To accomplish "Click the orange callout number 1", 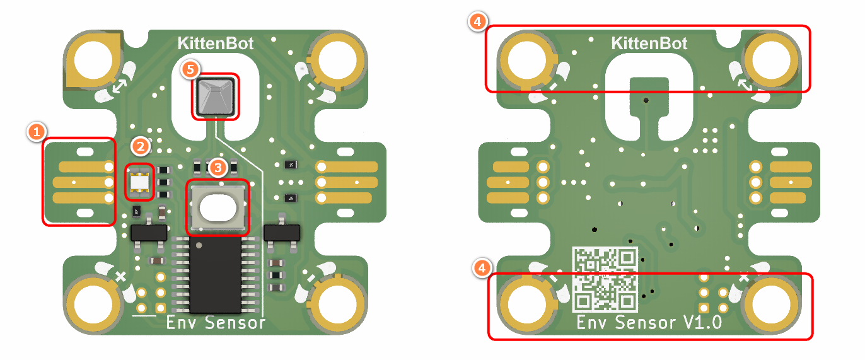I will pyautogui.click(x=37, y=132).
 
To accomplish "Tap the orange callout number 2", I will pyautogui.click(x=141, y=147).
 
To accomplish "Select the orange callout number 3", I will pyautogui.click(x=218, y=168).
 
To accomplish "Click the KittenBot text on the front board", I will pyautogui.click(x=215, y=44).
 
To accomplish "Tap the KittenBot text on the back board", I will pyautogui.click(x=649, y=44).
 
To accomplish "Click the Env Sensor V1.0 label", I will pyautogui.click(x=649, y=323).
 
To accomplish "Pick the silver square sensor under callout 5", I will pyautogui.click(x=216, y=96).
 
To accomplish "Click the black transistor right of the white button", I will pyautogui.click(x=281, y=233).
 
